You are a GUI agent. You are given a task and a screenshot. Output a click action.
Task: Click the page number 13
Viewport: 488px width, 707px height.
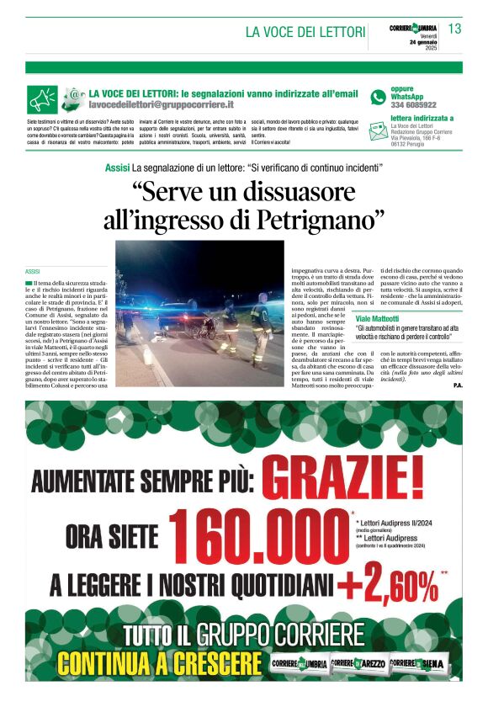pyautogui.click(x=454, y=29)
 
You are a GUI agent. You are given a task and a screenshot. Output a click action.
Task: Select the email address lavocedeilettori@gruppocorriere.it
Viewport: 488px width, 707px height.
pyautogui.click(x=162, y=104)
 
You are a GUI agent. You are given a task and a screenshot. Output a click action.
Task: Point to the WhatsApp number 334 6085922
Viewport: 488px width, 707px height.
pyautogui.click(x=413, y=104)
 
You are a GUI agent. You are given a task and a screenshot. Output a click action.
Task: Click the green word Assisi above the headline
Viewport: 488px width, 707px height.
pyautogui.click(x=117, y=168)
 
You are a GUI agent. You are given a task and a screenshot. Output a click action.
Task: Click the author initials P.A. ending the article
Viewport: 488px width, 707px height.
pyautogui.click(x=457, y=385)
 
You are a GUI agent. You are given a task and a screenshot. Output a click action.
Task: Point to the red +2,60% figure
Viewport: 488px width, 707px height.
pyautogui.click(x=394, y=583)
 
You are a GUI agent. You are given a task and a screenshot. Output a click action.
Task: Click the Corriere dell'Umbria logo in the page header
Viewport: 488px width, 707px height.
pyautogui.click(x=413, y=28)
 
